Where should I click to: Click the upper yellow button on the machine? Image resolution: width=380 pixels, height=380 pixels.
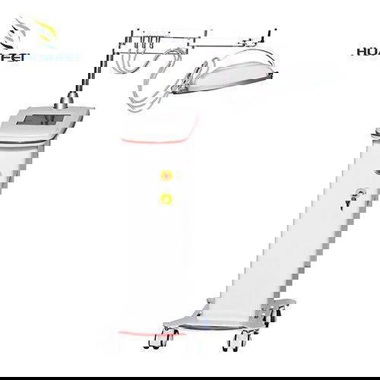pos(166,176)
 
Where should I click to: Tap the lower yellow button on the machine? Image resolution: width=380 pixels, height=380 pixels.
pos(166,199)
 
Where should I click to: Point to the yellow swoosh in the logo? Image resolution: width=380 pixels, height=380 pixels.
pos(46,30)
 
